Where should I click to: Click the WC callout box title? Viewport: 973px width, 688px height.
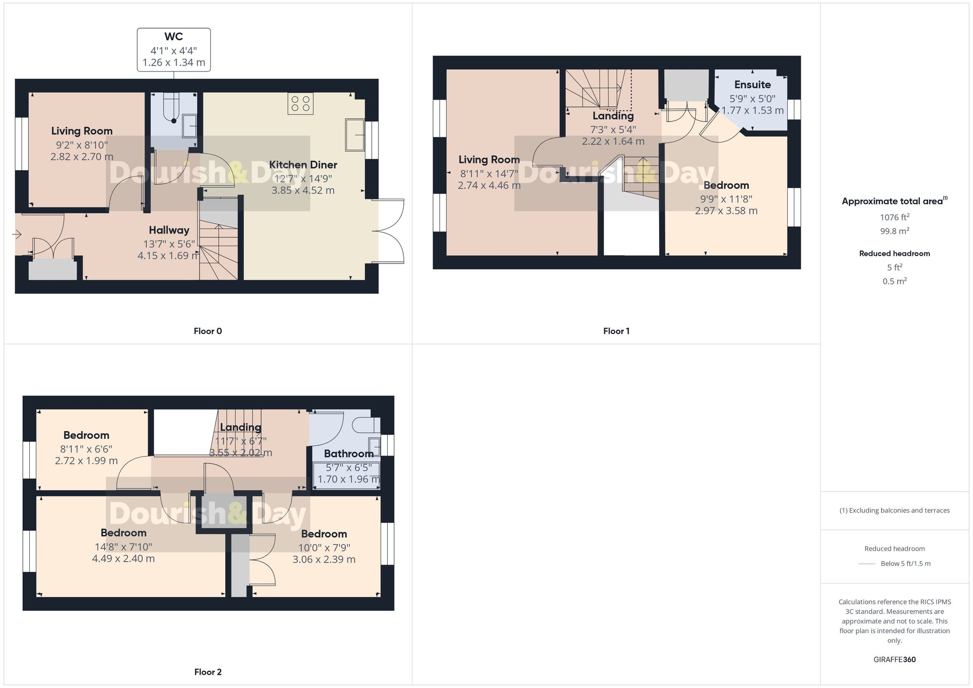(x=174, y=37)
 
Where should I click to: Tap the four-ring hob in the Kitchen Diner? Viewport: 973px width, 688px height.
(x=300, y=104)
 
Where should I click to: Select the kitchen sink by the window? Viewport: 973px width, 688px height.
(x=355, y=135)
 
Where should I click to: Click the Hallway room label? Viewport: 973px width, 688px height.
(x=169, y=230)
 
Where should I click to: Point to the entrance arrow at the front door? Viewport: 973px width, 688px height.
(x=17, y=235)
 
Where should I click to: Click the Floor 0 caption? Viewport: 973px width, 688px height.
(x=208, y=331)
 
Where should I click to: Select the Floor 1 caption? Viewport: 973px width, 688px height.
(x=616, y=331)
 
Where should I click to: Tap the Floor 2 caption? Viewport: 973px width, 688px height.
(x=208, y=672)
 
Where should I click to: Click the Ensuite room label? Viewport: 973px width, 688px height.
(x=752, y=85)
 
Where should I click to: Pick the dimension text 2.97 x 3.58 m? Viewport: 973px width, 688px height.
(x=726, y=211)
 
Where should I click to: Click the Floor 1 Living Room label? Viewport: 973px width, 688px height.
(x=489, y=159)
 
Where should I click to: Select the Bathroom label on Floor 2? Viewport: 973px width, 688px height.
(x=348, y=454)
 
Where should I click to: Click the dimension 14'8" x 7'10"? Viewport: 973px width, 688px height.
(x=124, y=547)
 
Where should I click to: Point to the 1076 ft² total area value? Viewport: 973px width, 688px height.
(x=894, y=217)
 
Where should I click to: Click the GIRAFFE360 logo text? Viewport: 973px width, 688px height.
(x=894, y=660)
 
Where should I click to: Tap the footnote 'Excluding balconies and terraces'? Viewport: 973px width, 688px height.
(x=894, y=511)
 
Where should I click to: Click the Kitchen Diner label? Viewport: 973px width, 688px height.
(x=303, y=165)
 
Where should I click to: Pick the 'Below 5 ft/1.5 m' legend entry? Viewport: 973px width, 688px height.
(x=905, y=564)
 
